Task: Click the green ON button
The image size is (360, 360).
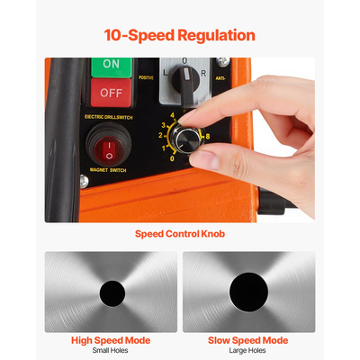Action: pyautogui.click(x=112, y=65)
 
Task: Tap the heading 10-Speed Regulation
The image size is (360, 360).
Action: pyautogui.click(x=179, y=36)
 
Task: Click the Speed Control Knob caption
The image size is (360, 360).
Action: pyautogui.click(x=180, y=234)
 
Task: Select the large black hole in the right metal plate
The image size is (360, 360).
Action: pyautogui.click(x=249, y=291)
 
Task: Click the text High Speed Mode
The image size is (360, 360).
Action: pyautogui.click(x=112, y=341)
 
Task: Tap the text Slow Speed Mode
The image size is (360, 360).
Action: pyautogui.click(x=248, y=341)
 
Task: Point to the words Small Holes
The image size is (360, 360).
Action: pyautogui.click(x=112, y=352)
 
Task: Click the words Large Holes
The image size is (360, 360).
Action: pyautogui.click(x=248, y=352)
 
